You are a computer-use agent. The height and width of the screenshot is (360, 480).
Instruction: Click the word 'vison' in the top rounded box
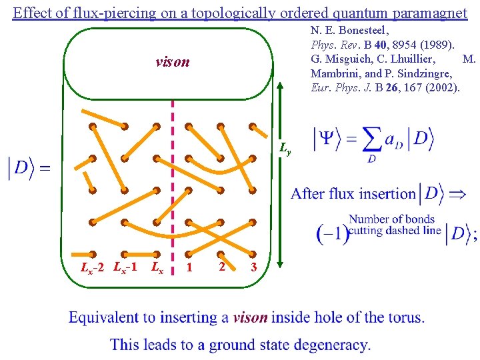(172, 62)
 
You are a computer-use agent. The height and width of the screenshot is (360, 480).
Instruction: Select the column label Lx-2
(91, 268)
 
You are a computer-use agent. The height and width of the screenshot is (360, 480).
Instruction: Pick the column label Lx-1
(125, 268)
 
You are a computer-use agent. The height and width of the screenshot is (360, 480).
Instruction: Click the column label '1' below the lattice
(189, 268)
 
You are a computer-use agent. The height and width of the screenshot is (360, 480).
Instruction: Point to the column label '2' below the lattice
(221, 266)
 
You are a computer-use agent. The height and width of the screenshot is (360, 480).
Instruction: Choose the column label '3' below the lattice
(253, 268)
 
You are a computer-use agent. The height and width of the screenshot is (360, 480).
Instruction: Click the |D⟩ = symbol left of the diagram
(28, 167)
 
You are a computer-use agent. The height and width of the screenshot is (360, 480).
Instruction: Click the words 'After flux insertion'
(353, 194)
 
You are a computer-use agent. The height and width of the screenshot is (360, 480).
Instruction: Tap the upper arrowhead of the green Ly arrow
(281, 102)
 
